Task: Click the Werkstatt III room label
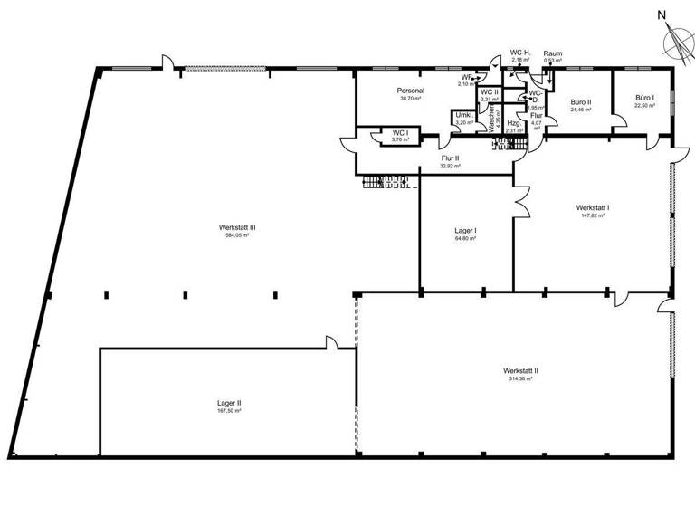coord(236,227)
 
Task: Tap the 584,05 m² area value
coord(236,235)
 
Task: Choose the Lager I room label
coord(465,231)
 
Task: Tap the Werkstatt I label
coord(592,207)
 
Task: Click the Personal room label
coord(411,91)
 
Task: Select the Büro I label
coord(644,97)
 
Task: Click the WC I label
coord(400,132)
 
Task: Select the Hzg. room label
coord(513,123)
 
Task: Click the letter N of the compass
coord(662,14)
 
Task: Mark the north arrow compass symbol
coord(675,40)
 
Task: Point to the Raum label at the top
coord(552,53)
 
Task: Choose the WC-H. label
coord(520,53)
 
